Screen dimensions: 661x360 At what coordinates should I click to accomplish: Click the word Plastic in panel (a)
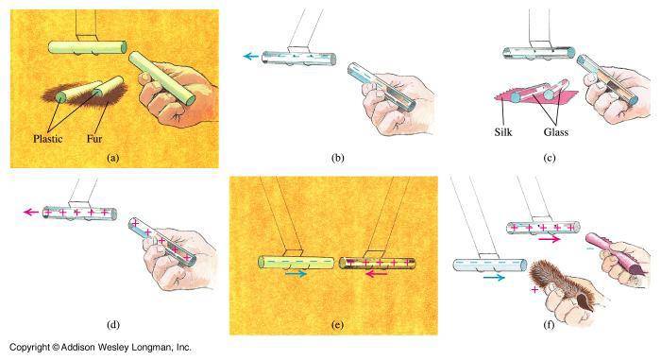coord(47,139)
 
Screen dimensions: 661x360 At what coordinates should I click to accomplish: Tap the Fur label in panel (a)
coord(94,139)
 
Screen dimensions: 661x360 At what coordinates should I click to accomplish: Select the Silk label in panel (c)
coord(503,132)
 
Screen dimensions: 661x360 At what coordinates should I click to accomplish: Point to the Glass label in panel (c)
coord(556,132)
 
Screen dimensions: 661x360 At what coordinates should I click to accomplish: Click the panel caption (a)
coord(113,158)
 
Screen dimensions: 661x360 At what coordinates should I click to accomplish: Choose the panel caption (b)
coord(338,158)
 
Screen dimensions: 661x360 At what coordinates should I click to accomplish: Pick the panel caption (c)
coord(550,158)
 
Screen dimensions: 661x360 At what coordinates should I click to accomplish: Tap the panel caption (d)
coord(113,325)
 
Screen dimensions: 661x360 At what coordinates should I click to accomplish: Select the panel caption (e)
coord(338,325)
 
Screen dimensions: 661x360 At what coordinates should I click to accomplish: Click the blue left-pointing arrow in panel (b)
coord(251,56)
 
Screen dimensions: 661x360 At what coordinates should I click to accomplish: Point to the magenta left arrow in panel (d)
coord(31,212)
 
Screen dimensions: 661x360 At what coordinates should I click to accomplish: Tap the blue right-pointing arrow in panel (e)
coord(296,274)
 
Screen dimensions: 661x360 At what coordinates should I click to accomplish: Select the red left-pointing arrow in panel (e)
coord(377,274)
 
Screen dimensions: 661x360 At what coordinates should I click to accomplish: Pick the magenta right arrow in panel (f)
coord(550,239)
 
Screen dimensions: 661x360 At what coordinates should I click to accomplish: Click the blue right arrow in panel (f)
coord(494,277)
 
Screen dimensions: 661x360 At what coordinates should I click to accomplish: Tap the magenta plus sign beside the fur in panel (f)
coord(534,289)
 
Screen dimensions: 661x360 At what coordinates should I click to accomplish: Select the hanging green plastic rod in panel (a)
coord(88,47)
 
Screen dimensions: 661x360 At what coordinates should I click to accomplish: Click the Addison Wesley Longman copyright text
coord(100,348)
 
